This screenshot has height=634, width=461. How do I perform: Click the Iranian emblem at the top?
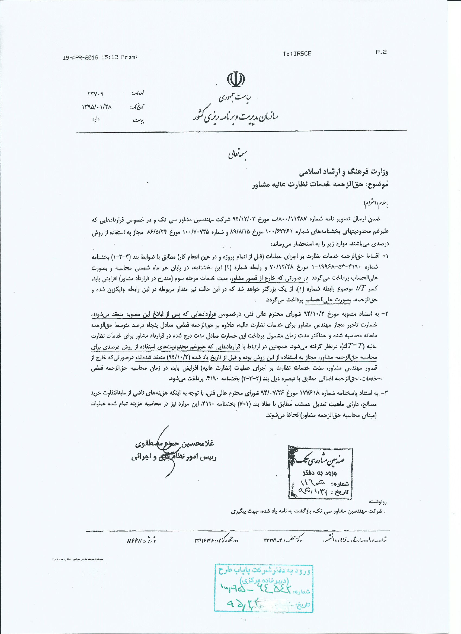tap(236, 79)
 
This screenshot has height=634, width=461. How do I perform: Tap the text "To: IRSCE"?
tap(297, 54)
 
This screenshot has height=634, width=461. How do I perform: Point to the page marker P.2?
tap(381, 52)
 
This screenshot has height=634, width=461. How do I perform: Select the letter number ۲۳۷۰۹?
tap(96, 94)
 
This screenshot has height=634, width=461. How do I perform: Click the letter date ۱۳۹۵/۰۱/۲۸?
tap(97, 107)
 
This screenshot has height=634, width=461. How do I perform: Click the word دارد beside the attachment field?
tap(96, 119)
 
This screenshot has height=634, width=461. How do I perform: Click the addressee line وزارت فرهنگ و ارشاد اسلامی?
tap(344, 172)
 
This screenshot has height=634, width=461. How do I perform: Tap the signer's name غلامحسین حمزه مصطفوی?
tap(174, 444)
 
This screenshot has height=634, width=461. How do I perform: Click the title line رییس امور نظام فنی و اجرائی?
tap(174, 457)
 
